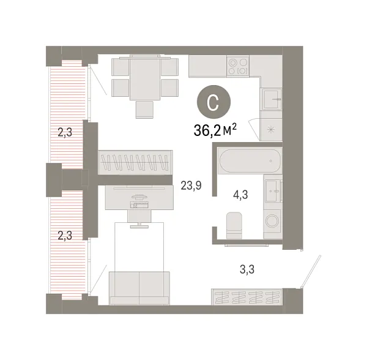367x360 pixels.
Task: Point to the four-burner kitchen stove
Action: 238,66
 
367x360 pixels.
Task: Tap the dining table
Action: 144,78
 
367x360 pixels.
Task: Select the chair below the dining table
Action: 144,109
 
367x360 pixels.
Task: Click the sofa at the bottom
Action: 139,288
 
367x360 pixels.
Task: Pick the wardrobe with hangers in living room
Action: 135,164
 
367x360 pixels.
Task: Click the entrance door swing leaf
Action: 310,270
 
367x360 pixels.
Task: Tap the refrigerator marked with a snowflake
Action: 270,129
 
